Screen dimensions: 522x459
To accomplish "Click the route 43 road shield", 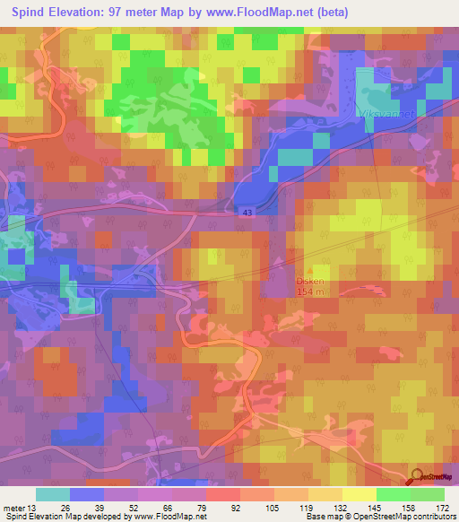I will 247,212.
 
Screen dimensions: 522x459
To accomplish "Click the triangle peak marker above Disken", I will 311,267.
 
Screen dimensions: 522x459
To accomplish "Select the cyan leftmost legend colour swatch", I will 53,494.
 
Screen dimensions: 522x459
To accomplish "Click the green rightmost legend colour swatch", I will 427,494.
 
